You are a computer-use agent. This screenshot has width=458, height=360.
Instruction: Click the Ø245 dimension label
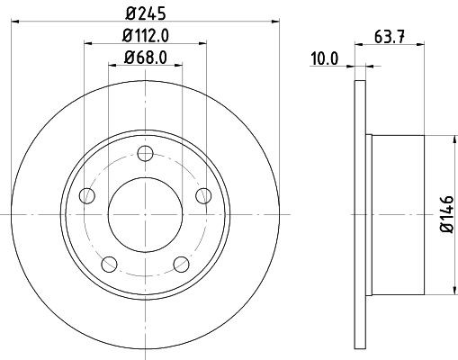[145, 13]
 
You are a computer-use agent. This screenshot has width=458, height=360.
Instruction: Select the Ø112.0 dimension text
[145, 37]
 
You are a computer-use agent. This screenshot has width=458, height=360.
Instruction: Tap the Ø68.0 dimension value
[145, 60]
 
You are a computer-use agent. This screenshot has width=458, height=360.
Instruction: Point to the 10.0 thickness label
[325, 60]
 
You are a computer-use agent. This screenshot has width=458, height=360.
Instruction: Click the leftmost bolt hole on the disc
[87, 194]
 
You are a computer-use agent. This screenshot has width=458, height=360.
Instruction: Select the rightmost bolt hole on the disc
[202, 194]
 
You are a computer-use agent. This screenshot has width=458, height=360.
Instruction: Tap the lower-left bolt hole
[110, 264]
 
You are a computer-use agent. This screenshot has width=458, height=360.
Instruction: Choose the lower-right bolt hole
[181, 264]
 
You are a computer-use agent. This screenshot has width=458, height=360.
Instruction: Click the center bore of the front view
[145, 214]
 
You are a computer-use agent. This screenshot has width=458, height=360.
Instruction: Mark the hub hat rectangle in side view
[396, 213]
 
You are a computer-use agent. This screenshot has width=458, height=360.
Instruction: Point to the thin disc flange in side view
[361, 213]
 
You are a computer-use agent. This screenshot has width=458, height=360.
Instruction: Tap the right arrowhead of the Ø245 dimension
[277, 22]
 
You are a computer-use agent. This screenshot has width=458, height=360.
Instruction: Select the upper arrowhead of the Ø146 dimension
[450, 139]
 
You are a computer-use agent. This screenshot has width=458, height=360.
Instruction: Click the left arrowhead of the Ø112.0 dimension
[88, 45]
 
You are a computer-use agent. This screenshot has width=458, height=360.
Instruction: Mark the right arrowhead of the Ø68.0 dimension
[179, 68]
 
